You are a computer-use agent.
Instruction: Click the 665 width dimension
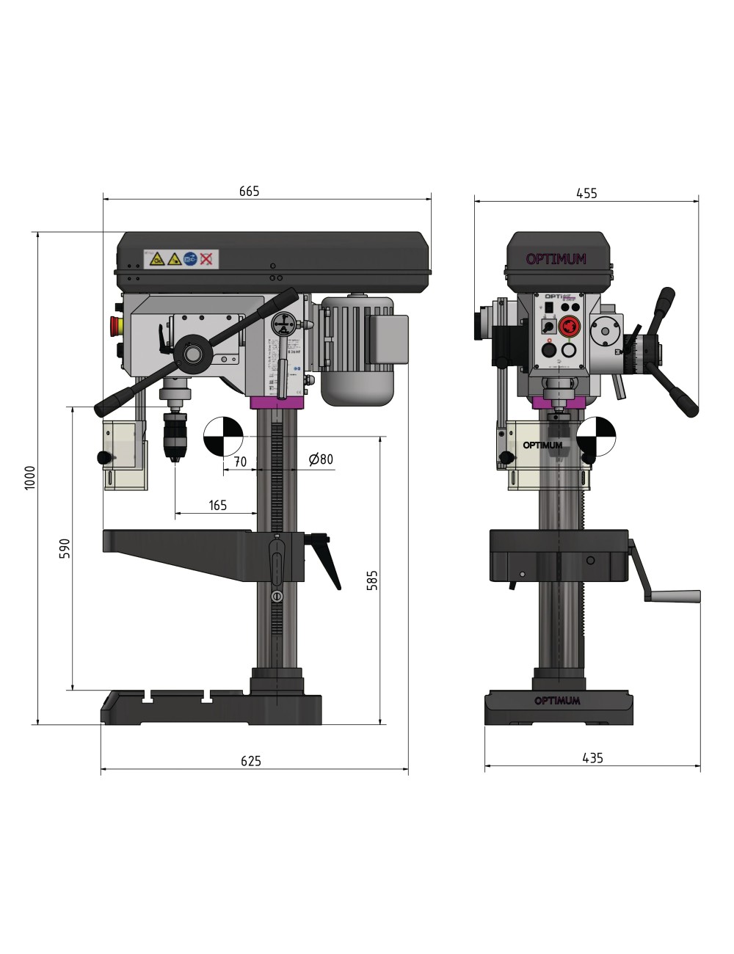pyautogui.click(x=249, y=192)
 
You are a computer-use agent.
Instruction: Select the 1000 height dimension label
pyautogui.click(x=30, y=478)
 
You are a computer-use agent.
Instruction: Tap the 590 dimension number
pyautogui.click(x=65, y=549)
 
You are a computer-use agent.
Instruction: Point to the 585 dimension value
pyautogui.click(x=372, y=580)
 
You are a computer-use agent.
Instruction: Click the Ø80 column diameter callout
pyautogui.click(x=321, y=460)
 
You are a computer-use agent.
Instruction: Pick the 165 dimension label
pyautogui.click(x=217, y=505)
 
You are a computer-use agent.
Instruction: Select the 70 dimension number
pyautogui.click(x=239, y=462)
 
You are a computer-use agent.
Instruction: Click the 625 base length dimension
pyautogui.click(x=250, y=761)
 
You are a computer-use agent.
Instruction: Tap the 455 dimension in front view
pyautogui.click(x=586, y=194)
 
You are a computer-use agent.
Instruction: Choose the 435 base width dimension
pyautogui.click(x=592, y=758)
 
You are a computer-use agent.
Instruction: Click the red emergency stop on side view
pyautogui.click(x=115, y=324)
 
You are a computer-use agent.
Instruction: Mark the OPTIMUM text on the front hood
pyautogui.click(x=556, y=259)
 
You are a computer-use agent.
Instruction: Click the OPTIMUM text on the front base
pyautogui.click(x=557, y=701)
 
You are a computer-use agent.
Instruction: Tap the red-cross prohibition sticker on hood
pyautogui.click(x=207, y=258)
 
